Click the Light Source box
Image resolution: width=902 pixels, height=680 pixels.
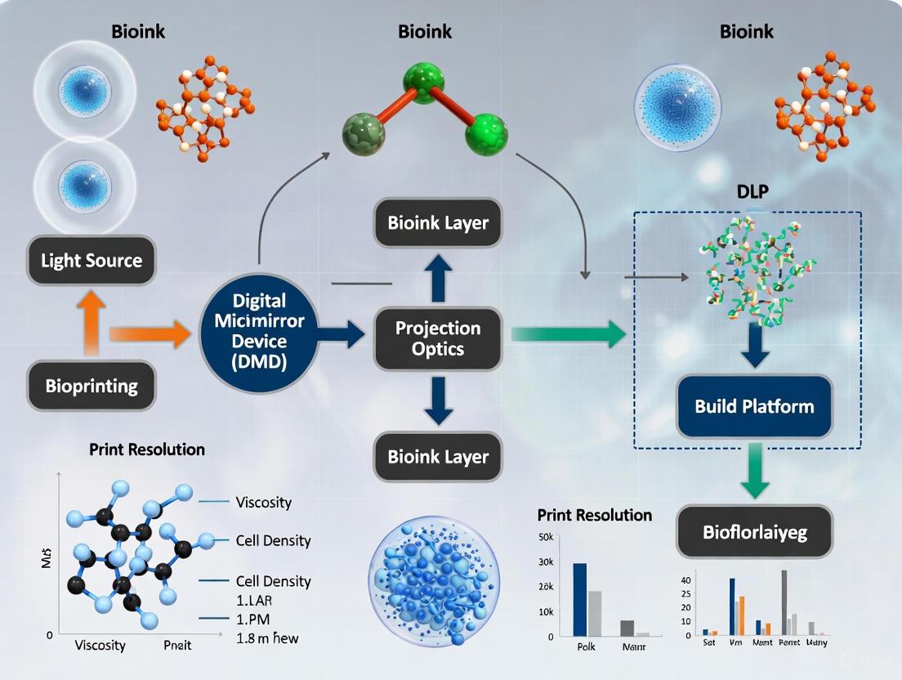click(x=92, y=261)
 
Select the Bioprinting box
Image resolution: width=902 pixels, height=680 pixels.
click(x=92, y=385)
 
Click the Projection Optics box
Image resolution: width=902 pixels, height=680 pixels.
click(x=438, y=338)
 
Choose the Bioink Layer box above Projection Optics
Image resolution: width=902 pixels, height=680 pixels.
click(x=438, y=222)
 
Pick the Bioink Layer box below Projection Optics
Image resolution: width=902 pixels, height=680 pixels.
click(x=438, y=457)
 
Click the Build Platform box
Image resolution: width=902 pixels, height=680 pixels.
click(x=753, y=406)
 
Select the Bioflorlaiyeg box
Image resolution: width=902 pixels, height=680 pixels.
click(x=754, y=532)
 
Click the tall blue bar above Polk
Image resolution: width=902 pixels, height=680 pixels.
click(x=579, y=599)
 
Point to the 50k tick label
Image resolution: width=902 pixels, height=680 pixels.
click(x=545, y=537)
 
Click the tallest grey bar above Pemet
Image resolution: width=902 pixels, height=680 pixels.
click(x=784, y=602)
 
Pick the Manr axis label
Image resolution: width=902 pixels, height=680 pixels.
click(x=633, y=646)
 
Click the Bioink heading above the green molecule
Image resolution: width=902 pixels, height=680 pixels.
click(x=425, y=32)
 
